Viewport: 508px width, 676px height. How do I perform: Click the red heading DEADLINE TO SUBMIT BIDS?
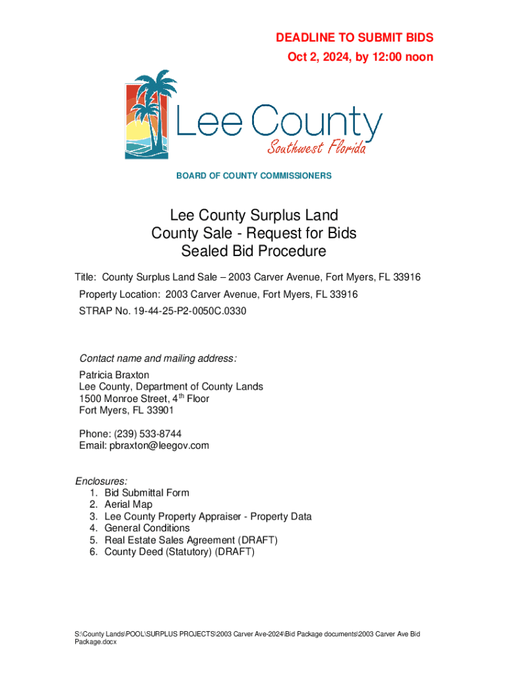[x=354, y=38]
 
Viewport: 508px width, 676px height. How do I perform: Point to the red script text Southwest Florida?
[x=316, y=147]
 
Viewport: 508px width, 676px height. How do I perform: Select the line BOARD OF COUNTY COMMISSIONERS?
[x=253, y=176]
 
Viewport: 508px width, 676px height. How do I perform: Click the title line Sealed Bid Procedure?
[x=254, y=252]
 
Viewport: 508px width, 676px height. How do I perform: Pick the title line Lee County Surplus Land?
[x=254, y=215]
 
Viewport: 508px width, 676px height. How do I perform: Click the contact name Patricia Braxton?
[x=114, y=375]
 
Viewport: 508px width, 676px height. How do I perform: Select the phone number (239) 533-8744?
[x=148, y=434]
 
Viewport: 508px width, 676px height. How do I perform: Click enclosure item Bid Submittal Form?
[x=146, y=492]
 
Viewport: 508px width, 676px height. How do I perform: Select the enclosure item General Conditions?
[x=147, y=528]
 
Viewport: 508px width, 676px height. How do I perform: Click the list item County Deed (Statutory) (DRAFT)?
[x=179, y=552]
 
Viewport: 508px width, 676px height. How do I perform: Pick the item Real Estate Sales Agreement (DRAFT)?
[x=191, y=540]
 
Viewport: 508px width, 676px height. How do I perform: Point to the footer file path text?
[x=247, y=638]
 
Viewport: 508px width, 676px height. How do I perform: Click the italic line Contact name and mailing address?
[x=158, y=358]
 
